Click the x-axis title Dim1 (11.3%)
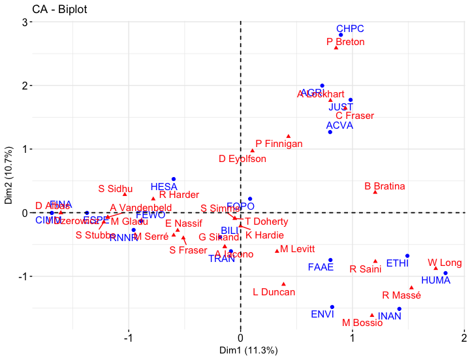(x=241, y=351)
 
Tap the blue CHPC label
(x=350, y=29)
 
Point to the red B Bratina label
(x=384, y=186)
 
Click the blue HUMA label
(x=436, y=280)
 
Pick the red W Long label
(x=445, y=263)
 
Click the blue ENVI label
(x=322, y=314)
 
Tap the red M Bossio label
(x=362, y=323)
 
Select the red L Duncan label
(x=274, y=292)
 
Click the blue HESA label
(x=164, y=187)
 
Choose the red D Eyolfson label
(x=242, y=159)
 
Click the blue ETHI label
(x=398, y=263)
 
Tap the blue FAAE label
(x=321, y=267)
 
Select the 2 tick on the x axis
(x=464, y=338)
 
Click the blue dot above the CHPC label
(x=341, y=35)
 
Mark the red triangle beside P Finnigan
(x=289, y=137)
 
